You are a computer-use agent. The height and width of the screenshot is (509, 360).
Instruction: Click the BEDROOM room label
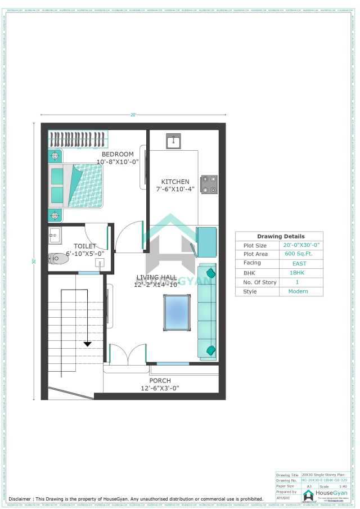[118, 154]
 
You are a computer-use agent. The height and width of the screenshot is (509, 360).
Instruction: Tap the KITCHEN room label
[175, 182]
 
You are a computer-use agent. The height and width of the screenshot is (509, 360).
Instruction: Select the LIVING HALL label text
[156, 277]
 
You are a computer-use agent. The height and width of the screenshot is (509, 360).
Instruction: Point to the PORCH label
[160, 381]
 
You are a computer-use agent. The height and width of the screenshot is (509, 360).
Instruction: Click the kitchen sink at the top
[173, 141]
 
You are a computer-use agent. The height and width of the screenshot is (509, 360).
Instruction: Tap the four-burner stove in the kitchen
[209, 184]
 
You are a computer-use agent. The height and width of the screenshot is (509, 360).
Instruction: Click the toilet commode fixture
[56, 259]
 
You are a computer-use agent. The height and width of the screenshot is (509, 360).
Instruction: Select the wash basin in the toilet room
[54, 235]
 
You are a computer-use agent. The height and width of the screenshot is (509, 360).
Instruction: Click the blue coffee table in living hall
[177, 312]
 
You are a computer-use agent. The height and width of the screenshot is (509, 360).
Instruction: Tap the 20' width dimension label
[133, 115]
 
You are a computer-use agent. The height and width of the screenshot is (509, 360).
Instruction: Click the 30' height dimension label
[34, 261]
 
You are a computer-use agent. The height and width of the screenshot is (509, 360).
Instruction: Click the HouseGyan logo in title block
[309, 495]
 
